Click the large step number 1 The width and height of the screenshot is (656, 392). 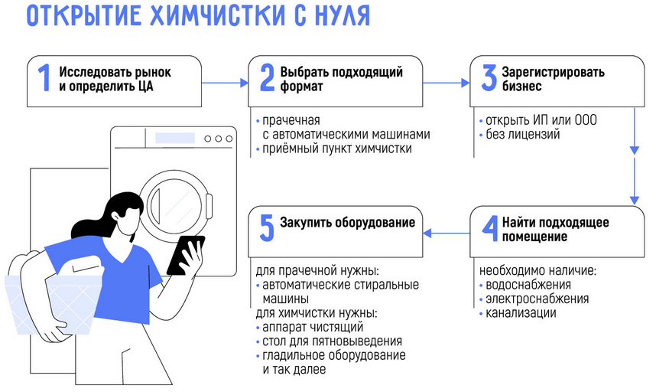coord(44,79)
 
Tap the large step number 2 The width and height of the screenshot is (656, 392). coord(267,79)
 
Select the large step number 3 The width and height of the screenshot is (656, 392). coord(489,79)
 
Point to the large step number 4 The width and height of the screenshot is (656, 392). coord(489,229)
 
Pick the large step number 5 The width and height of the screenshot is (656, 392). coord(267,229)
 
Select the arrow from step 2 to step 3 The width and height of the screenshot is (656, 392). coord(447,82)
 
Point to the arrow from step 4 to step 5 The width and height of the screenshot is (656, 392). coord(447,231)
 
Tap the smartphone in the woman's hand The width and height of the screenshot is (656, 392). coord(184,253)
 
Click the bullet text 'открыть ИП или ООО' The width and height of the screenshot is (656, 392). coord(541,121)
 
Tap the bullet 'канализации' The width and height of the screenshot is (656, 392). coord(521,313)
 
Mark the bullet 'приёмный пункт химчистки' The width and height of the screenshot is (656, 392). coord(336,149)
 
